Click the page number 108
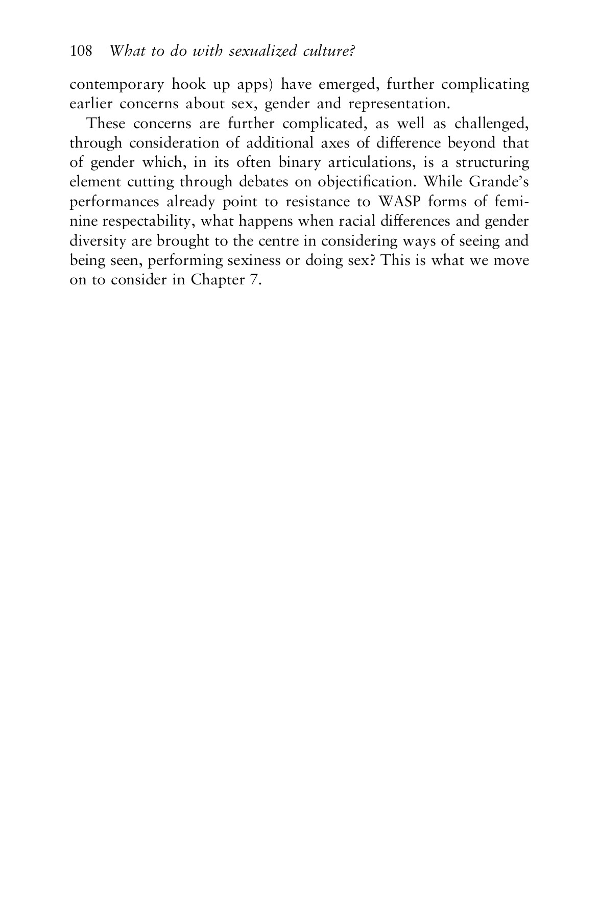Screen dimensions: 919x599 (x=81, y=51)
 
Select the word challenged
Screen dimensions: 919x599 (x=492, y=124)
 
